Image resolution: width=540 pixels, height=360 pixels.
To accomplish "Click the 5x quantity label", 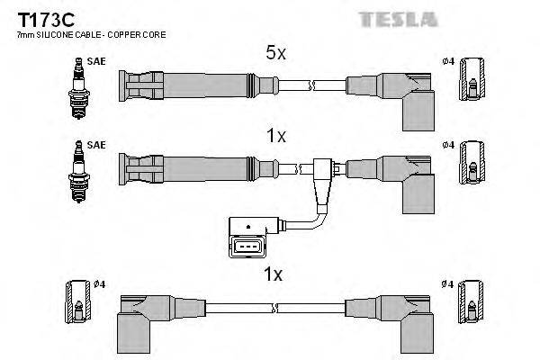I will [276, 54].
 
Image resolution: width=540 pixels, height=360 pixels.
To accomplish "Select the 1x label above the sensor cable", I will [276, 136].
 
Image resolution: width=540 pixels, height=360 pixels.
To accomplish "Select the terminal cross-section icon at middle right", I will [473, 165].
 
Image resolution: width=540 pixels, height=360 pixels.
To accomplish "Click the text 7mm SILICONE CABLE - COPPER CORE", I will [75, 34].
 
